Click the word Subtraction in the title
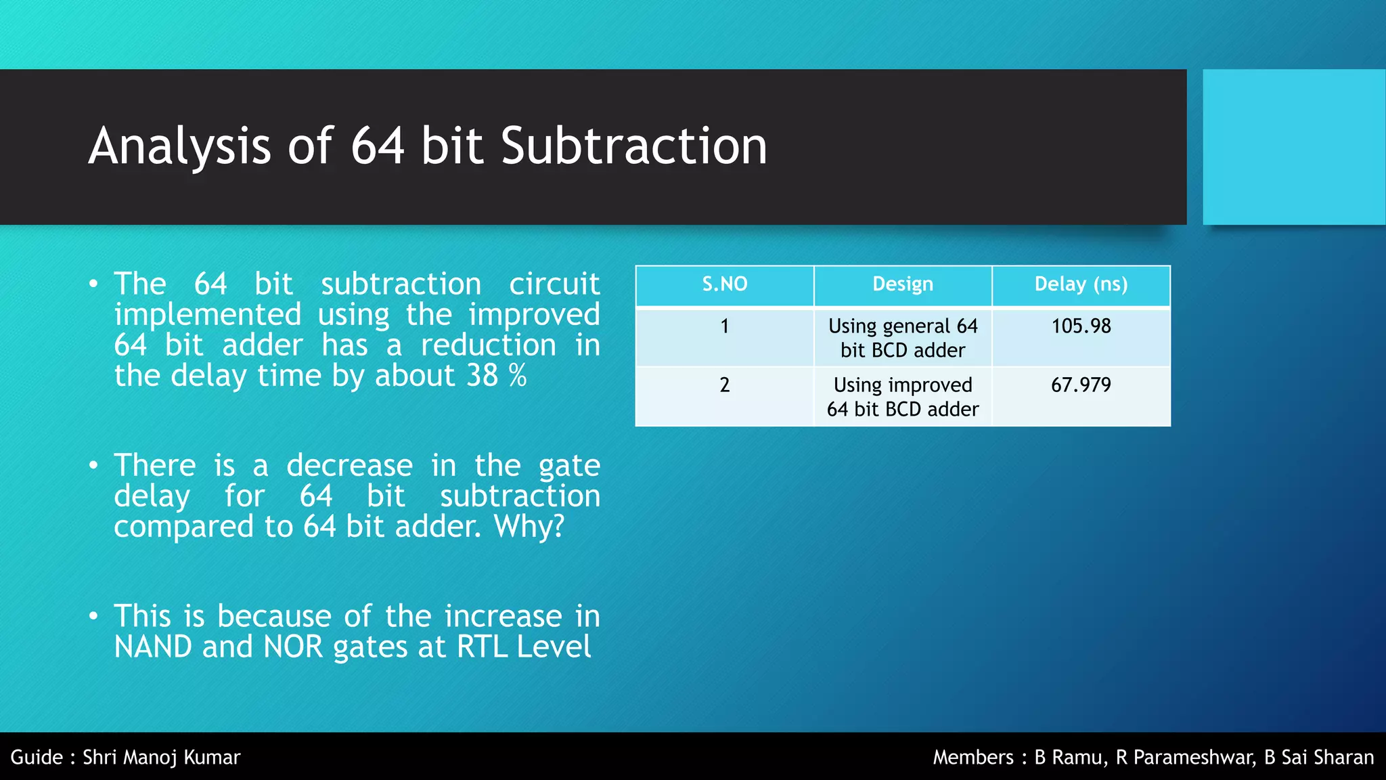633,146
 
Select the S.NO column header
724,284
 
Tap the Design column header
902,284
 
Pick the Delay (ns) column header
1081,284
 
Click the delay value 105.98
1081,326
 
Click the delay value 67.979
1081,385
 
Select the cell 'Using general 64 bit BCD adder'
902,338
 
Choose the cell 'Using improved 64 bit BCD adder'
902,397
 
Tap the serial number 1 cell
724,326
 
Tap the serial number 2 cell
724,385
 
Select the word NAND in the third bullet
153,647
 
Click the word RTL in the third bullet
482,647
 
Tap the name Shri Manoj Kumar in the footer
161,757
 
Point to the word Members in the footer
973,757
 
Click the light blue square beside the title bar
1293,147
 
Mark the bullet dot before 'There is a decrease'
94,466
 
